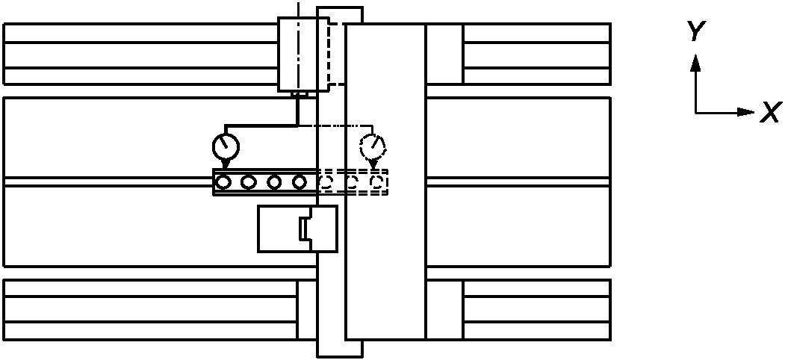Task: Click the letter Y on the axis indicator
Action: (695, 31)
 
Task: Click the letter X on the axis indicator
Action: (770, 114)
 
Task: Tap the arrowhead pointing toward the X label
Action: (746, 112)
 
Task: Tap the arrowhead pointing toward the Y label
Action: (695, 63)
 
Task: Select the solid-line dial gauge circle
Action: (226, 145)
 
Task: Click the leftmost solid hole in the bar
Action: (223, 181)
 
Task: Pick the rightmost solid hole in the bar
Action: (300, 181)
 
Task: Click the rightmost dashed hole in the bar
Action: (379, 181)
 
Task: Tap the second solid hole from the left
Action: (249, 181)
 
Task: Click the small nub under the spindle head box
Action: (299, 94)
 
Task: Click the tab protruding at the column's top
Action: (340, 14)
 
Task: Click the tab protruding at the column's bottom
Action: (340, 347)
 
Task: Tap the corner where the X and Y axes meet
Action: (695, 113)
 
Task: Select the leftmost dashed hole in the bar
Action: (326, 181)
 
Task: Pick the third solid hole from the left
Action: (274, 181)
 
